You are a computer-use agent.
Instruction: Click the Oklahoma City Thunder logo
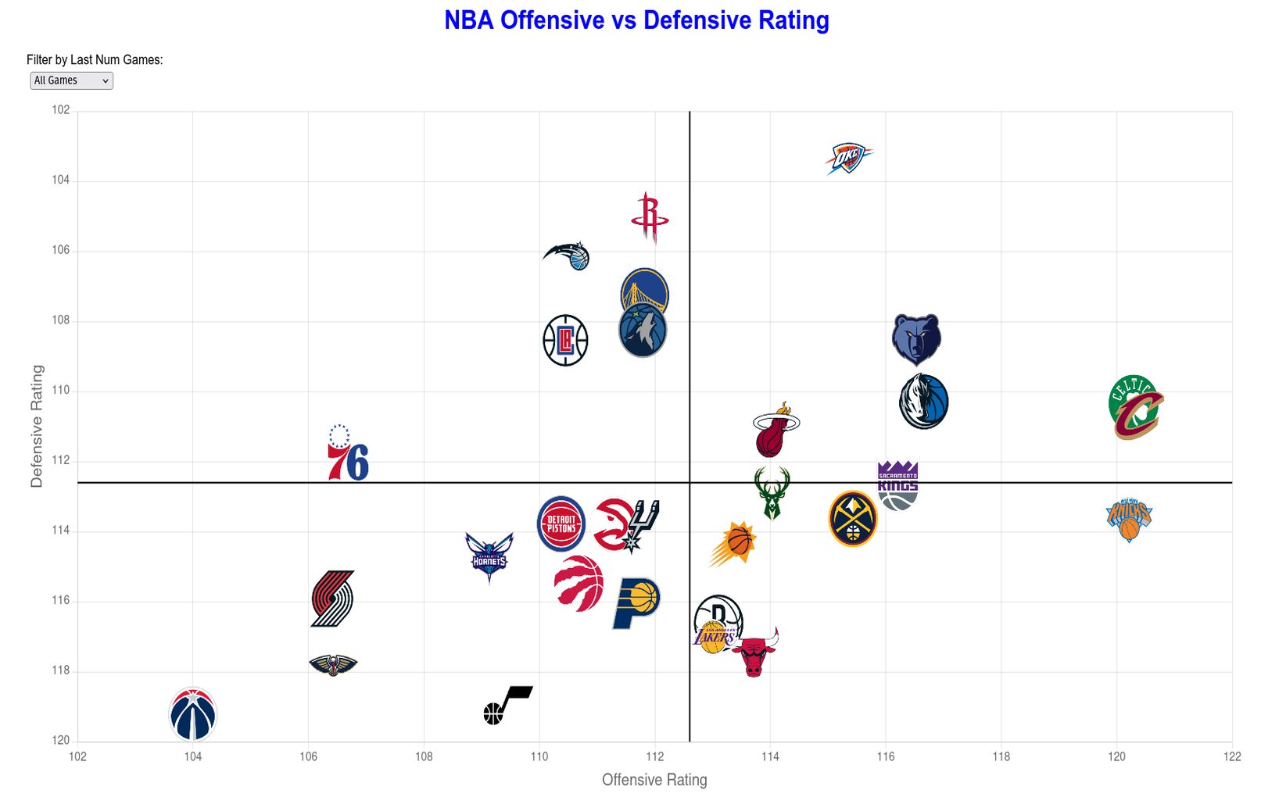(x=848, y=159)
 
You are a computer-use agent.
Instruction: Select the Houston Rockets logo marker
(x=650, y=218)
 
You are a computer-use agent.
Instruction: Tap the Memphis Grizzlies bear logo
(x=916, y=340)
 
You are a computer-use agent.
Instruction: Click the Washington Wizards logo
(x=193, y=714)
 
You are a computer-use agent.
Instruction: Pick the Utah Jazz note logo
(x=507, y=705)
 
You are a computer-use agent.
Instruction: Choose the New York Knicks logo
(x=1129, y=520)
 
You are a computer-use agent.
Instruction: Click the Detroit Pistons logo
(x=561, y=524)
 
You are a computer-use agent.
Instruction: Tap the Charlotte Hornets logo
(x=489, y=557)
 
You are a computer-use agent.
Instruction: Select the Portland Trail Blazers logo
(x=332, y=599)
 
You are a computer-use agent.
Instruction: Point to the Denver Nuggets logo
(x=853, y=519)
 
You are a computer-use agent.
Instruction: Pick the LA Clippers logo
(x=565, y=341)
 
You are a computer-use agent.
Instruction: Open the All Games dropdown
(x=71, y=80)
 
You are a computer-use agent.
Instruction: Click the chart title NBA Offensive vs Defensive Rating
(x=636, y=20)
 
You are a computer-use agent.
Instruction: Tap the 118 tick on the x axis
(x=1001, y=756)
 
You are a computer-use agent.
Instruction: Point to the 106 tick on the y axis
(x=61, y=251)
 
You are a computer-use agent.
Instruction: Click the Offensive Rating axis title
(x=654, y=780)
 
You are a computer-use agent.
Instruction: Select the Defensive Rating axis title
(x=37, y=426)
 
